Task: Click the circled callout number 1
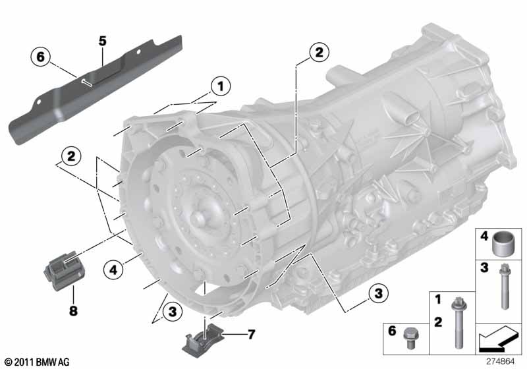pyautogui.click(x=221, y=86)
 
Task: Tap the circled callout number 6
pyautogui.click(x=40, y=57)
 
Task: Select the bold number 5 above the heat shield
pyautogui.click(x=103, y=41)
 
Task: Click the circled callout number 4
pyautogui.click(x=113, y=270)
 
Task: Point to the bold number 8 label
pyautogui.click(x=73, y=310)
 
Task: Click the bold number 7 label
pyautogui.click(x=251, y=334)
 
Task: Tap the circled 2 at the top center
pyautogui.click(x=319, y=52)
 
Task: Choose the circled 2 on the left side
pyautogui.click(x=71, y=156)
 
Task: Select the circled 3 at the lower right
pyautogui.click(x=378, y=293)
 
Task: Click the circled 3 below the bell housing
pyautogui.click(x=172, y=312)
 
